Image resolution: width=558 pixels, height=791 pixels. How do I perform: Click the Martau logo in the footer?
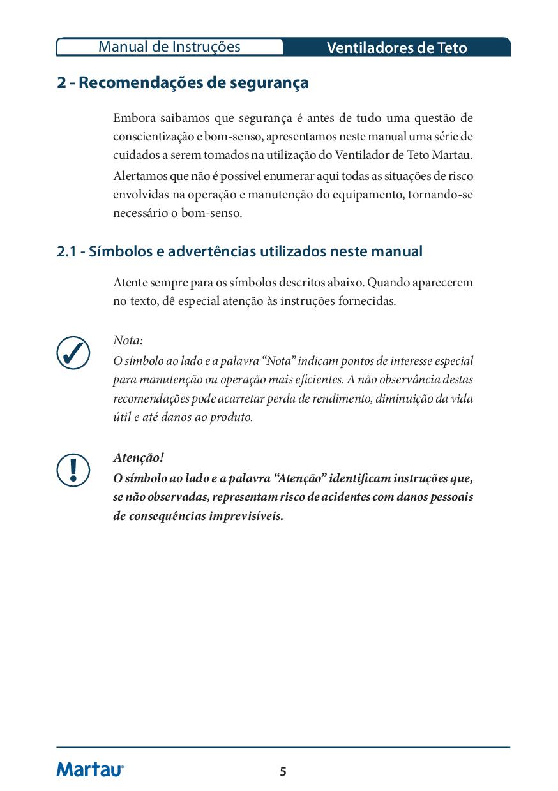[90, 770]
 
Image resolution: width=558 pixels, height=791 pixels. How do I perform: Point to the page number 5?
[283, 772]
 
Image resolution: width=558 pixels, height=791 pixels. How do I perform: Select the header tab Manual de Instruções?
[169, 47]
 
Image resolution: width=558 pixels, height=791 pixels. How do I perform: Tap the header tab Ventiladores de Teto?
[396, 48]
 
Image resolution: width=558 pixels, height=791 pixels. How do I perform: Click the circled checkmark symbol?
[73, 352]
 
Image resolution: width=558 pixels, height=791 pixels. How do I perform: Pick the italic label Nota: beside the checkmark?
[128, 340]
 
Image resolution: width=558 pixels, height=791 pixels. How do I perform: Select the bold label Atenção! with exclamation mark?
[139, 458]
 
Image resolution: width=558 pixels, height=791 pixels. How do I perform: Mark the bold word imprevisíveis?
[246, 516]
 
